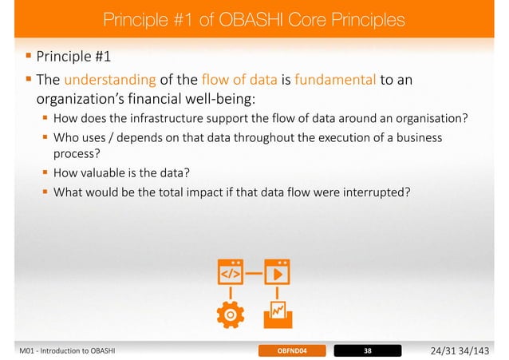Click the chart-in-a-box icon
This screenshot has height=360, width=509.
click(278, 313)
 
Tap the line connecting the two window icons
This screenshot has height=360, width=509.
click(254, 271)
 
